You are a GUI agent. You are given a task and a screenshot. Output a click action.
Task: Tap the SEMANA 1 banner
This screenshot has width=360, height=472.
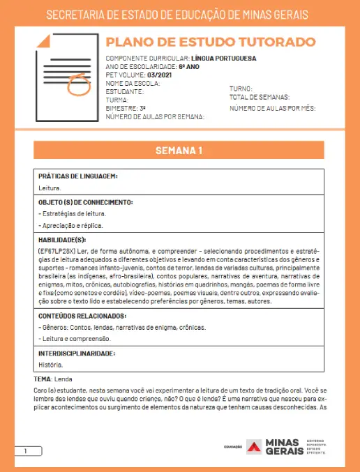[x=179, y=151]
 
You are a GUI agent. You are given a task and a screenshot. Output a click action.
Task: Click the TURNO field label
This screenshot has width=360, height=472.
[x=241, y=89]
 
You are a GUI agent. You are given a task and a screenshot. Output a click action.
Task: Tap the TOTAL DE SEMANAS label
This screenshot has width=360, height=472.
[x=260, y=98]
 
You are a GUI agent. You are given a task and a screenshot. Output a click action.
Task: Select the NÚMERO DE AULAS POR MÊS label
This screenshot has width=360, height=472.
[x=273, y=109]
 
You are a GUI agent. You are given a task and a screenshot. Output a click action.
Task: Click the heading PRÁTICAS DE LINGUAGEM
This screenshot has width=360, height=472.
[x=77, y=176]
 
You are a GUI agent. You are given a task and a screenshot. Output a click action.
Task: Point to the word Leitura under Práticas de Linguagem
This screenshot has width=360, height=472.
[x=50, y=188]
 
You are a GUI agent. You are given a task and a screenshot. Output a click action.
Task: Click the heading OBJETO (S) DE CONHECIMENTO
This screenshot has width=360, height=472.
[x=85, y=203]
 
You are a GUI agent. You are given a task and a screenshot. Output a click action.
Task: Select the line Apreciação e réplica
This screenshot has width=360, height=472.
[x=71, y=225]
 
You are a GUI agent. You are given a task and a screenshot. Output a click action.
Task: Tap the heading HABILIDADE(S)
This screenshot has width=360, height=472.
[x=66, y=239]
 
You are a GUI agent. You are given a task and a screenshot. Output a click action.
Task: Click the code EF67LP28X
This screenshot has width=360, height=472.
[x=60, y=250]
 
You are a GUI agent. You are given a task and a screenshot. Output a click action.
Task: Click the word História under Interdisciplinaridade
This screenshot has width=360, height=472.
[x=51, y=365]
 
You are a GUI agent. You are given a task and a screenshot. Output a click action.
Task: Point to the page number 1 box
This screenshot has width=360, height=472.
[x=26, y=452]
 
